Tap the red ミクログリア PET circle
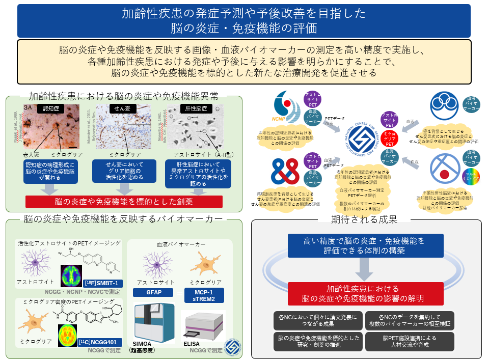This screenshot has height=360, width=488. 389,139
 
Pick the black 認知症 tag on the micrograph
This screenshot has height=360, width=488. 50,108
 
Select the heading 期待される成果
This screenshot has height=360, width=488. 364,219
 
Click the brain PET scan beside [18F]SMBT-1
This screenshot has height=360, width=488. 71,275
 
